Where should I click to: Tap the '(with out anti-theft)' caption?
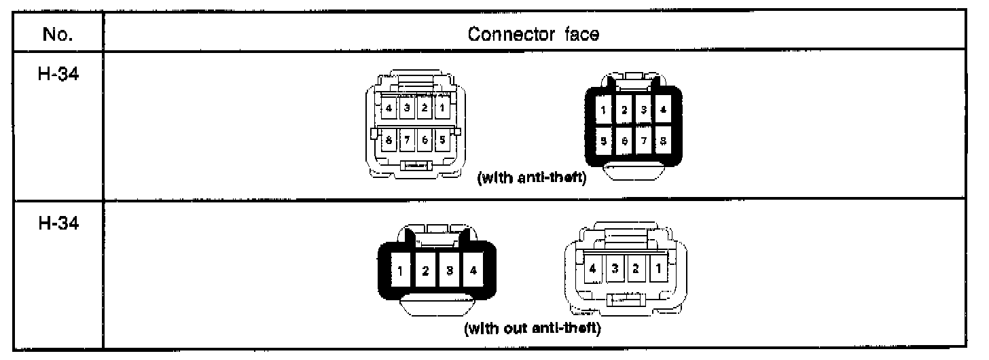532,329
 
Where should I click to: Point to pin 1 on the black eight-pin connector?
603,109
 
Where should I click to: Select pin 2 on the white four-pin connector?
636,267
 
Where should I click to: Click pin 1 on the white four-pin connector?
656,267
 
